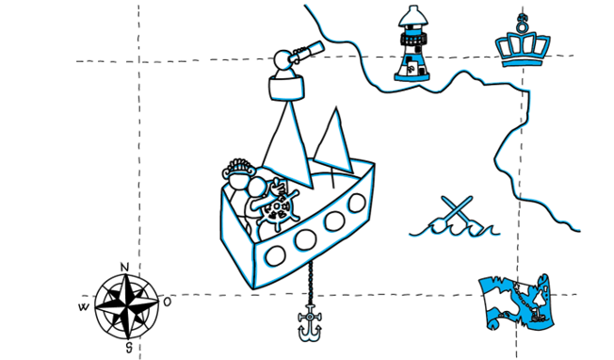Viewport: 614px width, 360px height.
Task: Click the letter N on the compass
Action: (x=124, y=267)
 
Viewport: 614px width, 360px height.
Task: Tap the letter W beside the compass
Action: (x=84, y=307)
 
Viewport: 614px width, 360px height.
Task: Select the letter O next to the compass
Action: (x=168, y=302)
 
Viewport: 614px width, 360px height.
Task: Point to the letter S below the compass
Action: (x=129, y=346)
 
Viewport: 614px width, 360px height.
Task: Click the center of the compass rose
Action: (x=127, y=306)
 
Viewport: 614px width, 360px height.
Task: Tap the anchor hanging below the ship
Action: (x=309, y=322)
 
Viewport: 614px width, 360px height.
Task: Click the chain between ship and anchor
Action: (x=311, y=282)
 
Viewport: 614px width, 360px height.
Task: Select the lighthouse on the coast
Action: (x=412, y=43)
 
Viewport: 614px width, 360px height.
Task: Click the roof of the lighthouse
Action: (x=412, y=16)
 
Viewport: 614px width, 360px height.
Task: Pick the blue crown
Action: (x=522, y=41)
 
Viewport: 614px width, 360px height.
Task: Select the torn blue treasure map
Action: (x=516, y=302)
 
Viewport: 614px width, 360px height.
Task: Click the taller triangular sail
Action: (x=288, y=145)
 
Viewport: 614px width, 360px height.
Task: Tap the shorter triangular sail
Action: (x=333, y=141)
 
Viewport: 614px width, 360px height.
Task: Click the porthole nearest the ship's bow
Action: (x=357, y=203)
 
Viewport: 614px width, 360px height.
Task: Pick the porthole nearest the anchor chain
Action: (x=305, y=239)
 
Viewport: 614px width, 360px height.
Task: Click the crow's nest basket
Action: (x=286, y=88)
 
